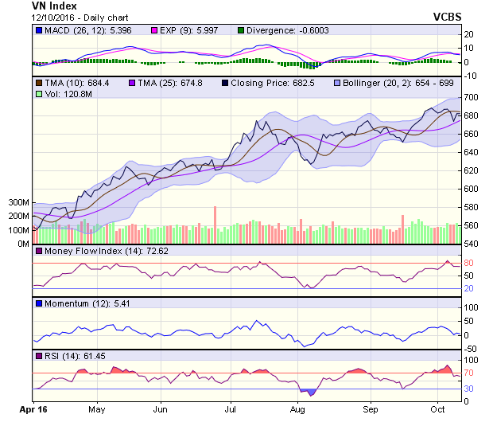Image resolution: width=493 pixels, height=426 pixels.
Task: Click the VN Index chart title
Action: point(54,6)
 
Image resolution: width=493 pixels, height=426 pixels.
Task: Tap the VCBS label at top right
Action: point(447,16)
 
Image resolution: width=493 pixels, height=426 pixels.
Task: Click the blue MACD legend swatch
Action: point(38,31)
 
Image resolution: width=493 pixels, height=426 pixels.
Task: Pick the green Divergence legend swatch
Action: point(241,31)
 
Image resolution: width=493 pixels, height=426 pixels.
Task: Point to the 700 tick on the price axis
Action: point(471,97)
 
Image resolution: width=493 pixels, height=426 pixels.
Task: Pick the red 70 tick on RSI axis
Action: point(470,373)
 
